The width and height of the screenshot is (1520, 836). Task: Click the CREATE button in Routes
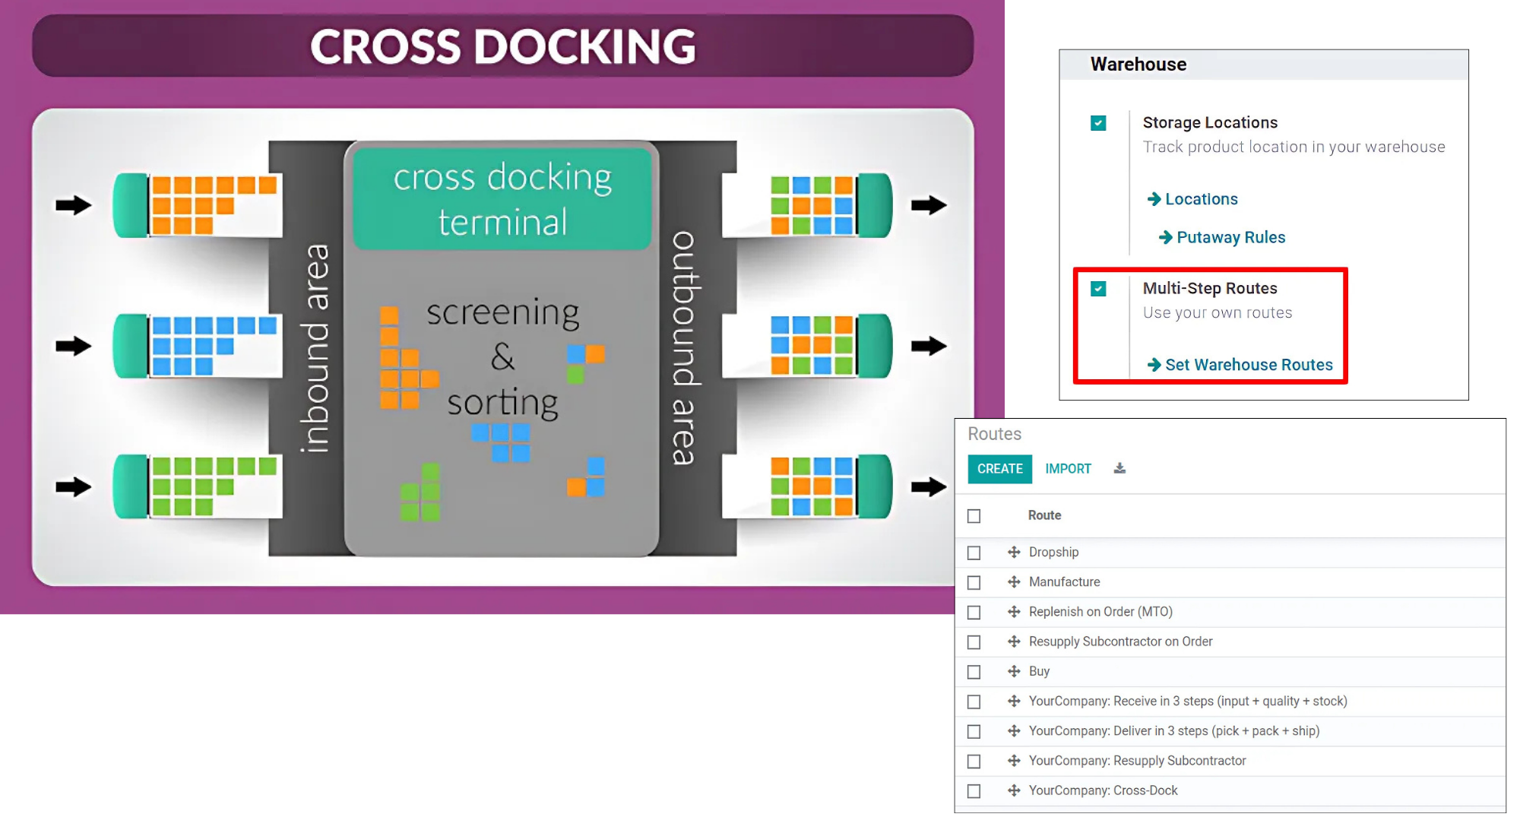[999, 469]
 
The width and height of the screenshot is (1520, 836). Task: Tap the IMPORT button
[1068, 469]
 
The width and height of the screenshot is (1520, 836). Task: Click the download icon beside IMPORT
[1119, 468]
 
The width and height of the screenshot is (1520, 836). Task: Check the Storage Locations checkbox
[1098, 123]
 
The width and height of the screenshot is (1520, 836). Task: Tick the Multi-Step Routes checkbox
[1098, 289]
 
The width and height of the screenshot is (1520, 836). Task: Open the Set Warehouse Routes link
[1248, 365]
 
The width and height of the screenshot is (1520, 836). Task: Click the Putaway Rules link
[1230, 237]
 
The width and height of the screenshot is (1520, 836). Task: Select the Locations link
[1201, 199]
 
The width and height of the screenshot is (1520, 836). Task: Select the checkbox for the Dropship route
[974, 553]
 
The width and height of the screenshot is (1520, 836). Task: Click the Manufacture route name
[1064, 582]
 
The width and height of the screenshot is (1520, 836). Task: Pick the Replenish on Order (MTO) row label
[1100, 612]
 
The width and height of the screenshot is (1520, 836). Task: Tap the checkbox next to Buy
[974, 672]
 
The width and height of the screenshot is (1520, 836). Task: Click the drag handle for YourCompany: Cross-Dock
[1014, 790]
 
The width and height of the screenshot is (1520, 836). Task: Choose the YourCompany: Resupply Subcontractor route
[1137, 761]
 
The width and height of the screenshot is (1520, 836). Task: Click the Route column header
[1044, 515]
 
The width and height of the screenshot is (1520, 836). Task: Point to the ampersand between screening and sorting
[502, 356]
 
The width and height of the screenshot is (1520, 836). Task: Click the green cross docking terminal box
[502, 199]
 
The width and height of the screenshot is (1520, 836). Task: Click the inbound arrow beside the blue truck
[74, 347]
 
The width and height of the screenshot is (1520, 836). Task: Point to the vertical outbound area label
[683, 347]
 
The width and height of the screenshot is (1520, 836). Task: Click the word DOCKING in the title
[585, 47]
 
